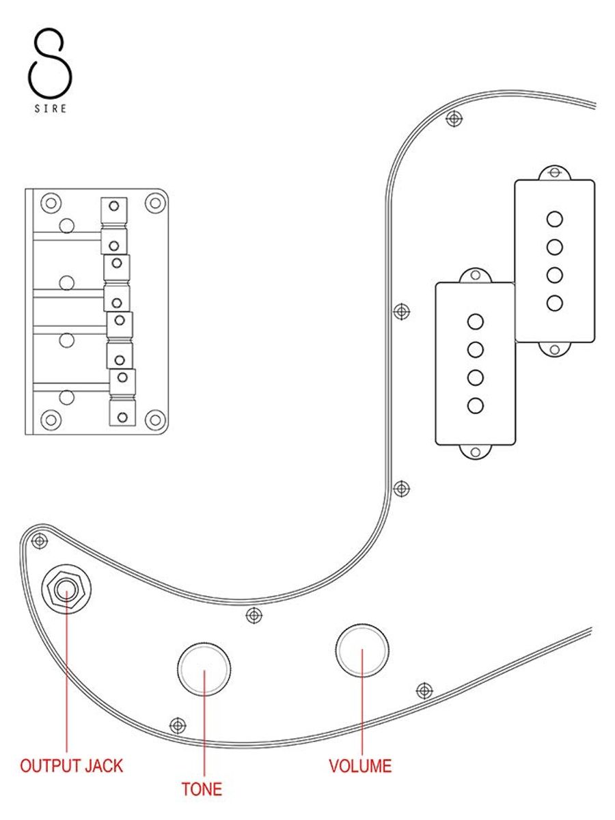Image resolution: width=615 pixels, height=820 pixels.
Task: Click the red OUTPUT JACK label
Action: click(x=71, y=765)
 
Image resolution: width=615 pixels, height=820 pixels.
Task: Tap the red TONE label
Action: click(x=202, y=789)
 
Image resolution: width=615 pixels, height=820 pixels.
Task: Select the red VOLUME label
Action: click(x=360, y=765)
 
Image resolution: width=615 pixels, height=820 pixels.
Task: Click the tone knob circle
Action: click(x=204, y=670)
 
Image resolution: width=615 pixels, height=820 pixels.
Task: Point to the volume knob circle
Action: click(x=362, y=651)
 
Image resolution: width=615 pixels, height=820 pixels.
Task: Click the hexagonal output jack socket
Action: click(x=66, y=587)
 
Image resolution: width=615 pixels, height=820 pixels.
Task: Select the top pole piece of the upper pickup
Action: click(x=555, y=219)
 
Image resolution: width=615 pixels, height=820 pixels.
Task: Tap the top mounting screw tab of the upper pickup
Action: click(x=555, y=172)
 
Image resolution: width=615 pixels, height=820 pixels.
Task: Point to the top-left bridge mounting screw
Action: click(x=50, y=202)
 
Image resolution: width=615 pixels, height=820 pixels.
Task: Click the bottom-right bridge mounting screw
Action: click(x=156, y=419)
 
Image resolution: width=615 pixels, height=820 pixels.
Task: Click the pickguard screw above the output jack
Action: click(x=40, y=541)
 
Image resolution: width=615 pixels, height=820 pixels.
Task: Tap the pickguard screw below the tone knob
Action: click(x=178, y=724)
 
